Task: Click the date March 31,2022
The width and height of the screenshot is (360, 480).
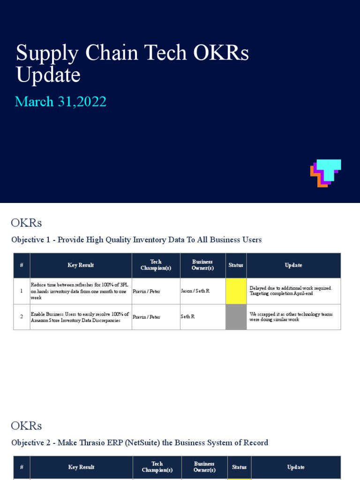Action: pos(60,101)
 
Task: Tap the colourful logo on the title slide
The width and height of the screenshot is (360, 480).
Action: pos(325,173)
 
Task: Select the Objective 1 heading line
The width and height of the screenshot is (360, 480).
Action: pos(136,240)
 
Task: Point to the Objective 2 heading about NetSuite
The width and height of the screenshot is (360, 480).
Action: pos(140,442)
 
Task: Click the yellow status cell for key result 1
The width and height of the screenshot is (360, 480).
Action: pos(236,291)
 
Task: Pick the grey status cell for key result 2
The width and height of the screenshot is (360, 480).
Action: pos(236,317)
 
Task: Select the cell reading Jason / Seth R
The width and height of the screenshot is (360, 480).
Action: pos(195,291)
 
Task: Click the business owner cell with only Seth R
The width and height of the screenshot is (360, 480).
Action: pos(187,317)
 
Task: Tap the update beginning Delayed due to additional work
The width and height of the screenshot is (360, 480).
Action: pos(291,291)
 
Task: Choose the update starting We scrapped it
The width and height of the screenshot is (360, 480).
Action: pos(291,316)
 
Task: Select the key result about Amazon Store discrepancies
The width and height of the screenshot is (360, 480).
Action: pos(79,317)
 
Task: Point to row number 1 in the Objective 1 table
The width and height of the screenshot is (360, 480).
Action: pos(22,291)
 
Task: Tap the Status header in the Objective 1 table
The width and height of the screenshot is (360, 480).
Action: pos(236,265)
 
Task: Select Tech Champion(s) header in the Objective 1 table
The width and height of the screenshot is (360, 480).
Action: pos(156,265)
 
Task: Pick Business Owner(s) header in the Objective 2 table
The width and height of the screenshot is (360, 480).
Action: pos(204,467)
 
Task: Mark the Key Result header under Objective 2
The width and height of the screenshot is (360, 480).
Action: pos(81,467)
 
